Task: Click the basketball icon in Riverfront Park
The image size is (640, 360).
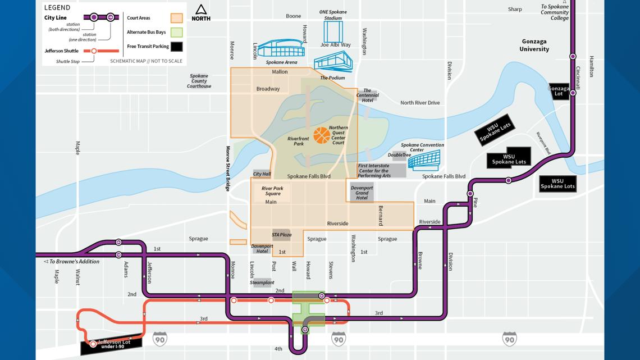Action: pos(322,135)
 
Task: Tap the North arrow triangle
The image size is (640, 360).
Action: pos(201,10)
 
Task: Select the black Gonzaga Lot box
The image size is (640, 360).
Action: pos(559,91)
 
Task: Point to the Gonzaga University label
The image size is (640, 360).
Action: pos(533,45)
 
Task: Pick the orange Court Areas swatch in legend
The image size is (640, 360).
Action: pos(177,18)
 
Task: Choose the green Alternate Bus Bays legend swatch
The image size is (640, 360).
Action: pos(177,32)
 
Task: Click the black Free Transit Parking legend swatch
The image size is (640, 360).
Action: pos(177,47)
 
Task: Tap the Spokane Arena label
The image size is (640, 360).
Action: pos(281,62)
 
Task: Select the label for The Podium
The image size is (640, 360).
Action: pos(332,78)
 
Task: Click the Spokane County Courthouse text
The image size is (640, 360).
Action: pos(199,81)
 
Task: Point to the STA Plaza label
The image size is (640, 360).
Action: pos(282,235)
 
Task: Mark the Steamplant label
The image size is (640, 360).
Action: pos(262,282)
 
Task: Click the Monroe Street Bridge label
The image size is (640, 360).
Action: pos(228,168)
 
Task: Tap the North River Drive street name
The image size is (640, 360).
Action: pos(420,103)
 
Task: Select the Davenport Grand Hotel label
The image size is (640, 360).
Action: pos(362,193)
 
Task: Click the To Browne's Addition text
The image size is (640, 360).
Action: pos(72,262)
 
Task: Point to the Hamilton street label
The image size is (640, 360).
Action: pos(591,66)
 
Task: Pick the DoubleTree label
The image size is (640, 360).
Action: pos(399,155)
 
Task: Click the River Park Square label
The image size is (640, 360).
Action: pos(271,191)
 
